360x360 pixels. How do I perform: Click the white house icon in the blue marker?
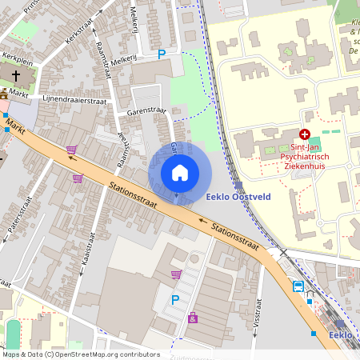pyautogui.click(x=180, y=173)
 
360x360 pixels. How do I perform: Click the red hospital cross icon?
pyautogui.click(x=304, y=134)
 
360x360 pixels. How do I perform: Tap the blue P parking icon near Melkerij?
pyautogui.click(x=162, y=54)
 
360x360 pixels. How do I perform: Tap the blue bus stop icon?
pyautogui.click(x=298, y=286)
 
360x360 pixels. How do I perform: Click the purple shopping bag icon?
pyautogui.click(x=192, y=318)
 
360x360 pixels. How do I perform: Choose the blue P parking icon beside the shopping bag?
pyautogui.click(x=175, y=300)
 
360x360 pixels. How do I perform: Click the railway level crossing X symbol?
pyautogui.click(x=282, y=252)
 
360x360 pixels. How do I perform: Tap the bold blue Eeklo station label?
pyautogui.click(x=342, y=334)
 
